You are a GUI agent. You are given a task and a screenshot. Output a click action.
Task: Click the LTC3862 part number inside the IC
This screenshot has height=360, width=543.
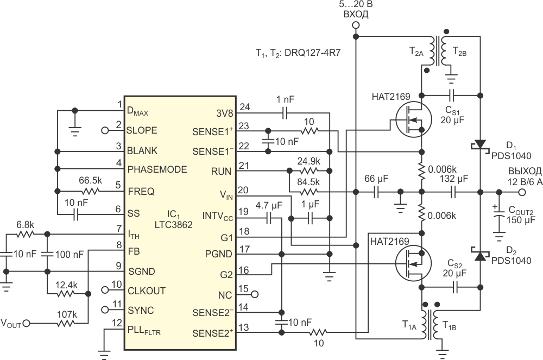coord(174,225)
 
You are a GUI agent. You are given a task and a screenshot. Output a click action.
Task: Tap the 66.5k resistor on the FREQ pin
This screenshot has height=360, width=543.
coord(91,192)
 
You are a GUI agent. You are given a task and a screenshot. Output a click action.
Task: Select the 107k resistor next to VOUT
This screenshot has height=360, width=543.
coord(66,324)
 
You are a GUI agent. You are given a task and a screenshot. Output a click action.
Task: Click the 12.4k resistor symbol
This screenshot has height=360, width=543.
coord(66,294)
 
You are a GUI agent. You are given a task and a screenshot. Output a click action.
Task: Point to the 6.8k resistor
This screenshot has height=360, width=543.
coord(26,235)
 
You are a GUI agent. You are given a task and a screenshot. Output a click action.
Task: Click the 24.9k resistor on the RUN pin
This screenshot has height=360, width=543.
coord(308,170)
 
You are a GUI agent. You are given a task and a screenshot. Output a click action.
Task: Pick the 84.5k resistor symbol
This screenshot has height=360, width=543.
coord(308,192)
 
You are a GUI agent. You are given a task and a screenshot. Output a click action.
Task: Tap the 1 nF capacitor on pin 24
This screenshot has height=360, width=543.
coord(285,113)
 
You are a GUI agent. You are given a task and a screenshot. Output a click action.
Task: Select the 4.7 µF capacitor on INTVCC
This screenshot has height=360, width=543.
coord(269,218)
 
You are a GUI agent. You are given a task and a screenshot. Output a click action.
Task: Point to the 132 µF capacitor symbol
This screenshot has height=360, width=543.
coord(453,192)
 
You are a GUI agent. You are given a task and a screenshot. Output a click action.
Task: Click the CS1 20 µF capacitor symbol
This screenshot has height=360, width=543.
coord(452,95)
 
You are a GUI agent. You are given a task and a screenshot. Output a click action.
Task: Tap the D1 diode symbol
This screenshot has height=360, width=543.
coord(481,144)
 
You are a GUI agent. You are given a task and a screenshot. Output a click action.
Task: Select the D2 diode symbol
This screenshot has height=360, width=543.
coord(481,255)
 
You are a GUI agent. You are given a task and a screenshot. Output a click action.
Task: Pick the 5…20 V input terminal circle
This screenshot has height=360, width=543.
coord(356,25)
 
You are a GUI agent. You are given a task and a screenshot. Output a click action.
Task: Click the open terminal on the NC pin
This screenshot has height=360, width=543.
coord(255,295)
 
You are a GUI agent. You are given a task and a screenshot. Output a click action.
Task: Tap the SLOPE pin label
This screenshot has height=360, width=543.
coord(142,130)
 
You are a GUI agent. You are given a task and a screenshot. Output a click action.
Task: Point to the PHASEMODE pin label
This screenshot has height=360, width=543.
coord(157,169)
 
